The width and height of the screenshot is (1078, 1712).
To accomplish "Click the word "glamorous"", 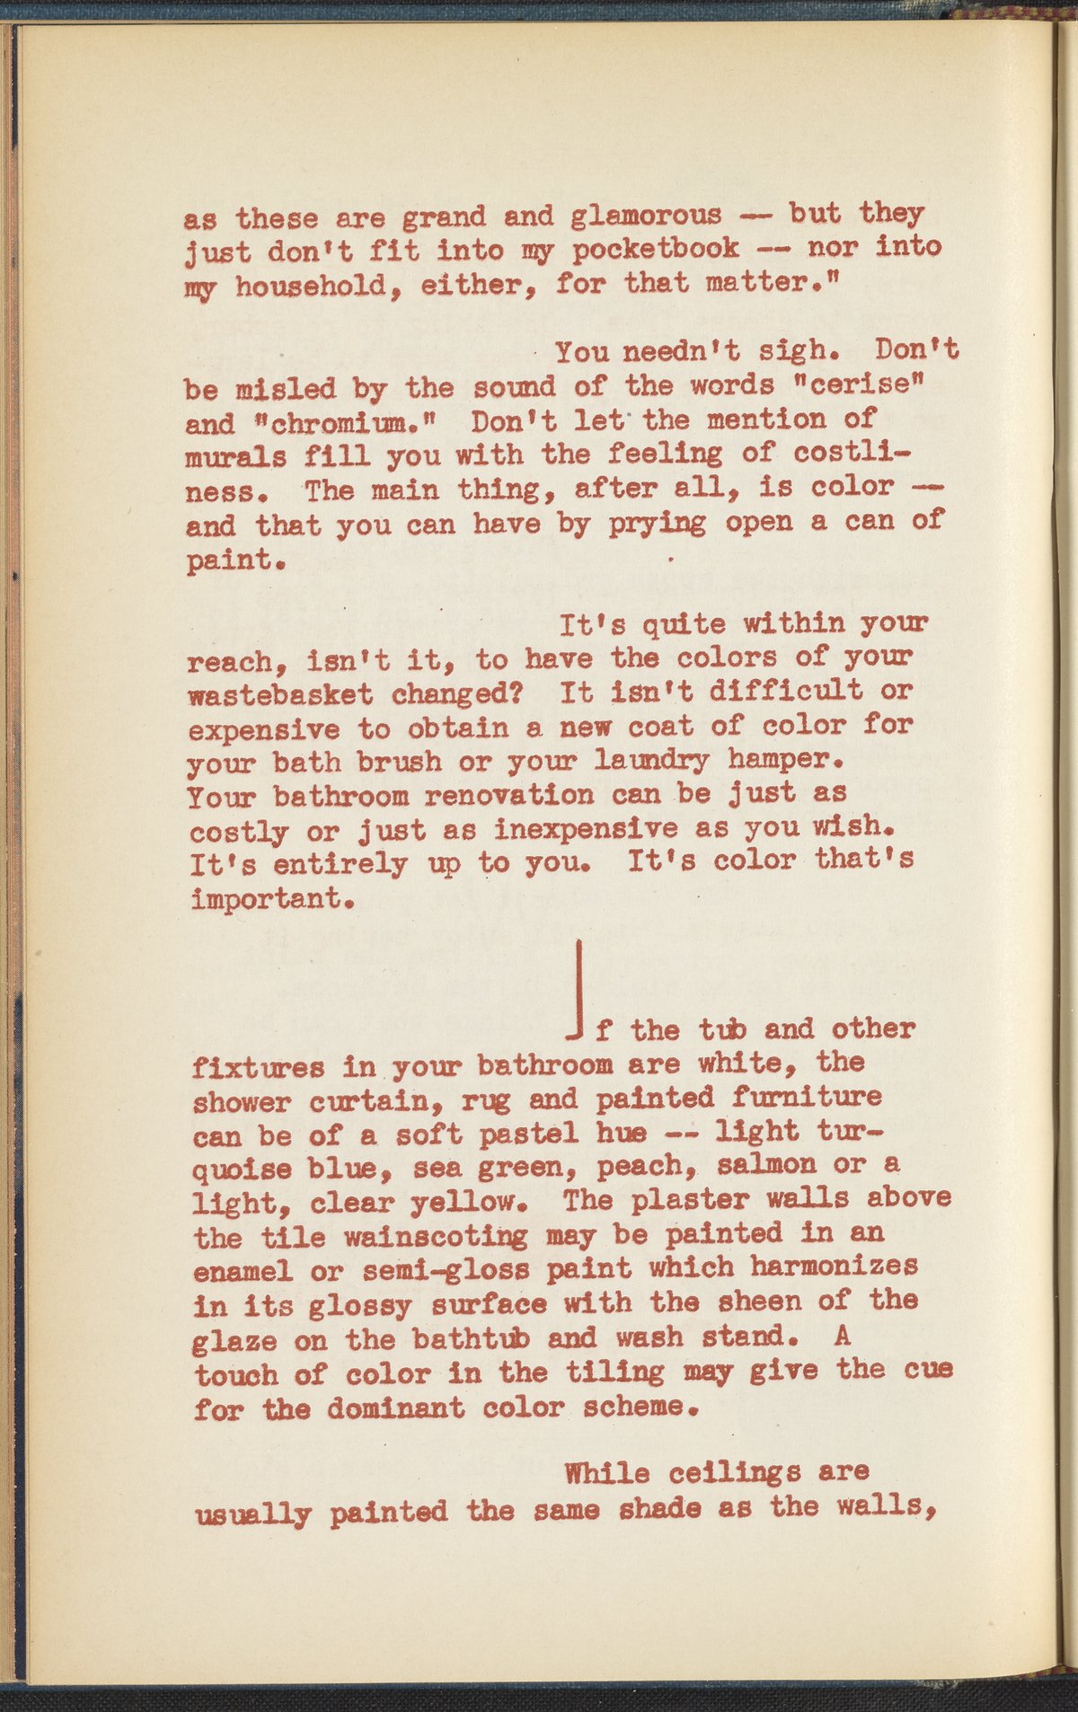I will coord(645,216).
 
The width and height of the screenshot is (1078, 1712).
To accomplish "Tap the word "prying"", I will coord(658,523).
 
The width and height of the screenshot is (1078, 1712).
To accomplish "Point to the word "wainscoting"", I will coord(437,1238).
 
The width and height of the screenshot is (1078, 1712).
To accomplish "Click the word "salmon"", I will coord(769,1164).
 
